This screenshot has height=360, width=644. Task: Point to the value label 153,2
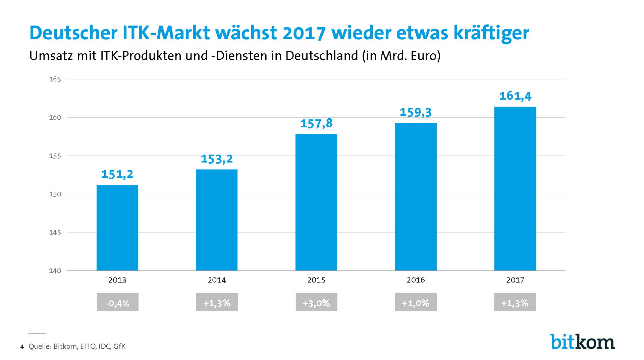pos(217,159)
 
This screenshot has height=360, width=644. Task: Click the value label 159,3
pos(415,112)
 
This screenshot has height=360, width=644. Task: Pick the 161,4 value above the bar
pos(515,96)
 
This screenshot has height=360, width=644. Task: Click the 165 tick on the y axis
pos(55,79)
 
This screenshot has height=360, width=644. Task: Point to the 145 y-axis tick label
pos(55,232)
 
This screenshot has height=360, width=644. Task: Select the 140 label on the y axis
pos(55,271)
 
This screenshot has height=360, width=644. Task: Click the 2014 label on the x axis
pos(217,280)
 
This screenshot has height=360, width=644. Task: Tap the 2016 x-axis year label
pos(416,280)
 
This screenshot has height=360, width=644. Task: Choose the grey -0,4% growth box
pos(117,302)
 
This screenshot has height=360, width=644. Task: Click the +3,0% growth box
pos(316,302)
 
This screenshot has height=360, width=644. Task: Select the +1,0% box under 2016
pos(416,302)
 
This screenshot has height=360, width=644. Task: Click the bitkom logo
pos(582,342)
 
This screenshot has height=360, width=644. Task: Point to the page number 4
pos(22,347)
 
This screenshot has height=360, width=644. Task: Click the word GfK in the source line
pos(119,346)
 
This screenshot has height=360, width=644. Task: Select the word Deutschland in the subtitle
pos(322,56)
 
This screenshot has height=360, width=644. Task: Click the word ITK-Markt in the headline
pos(166,33)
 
